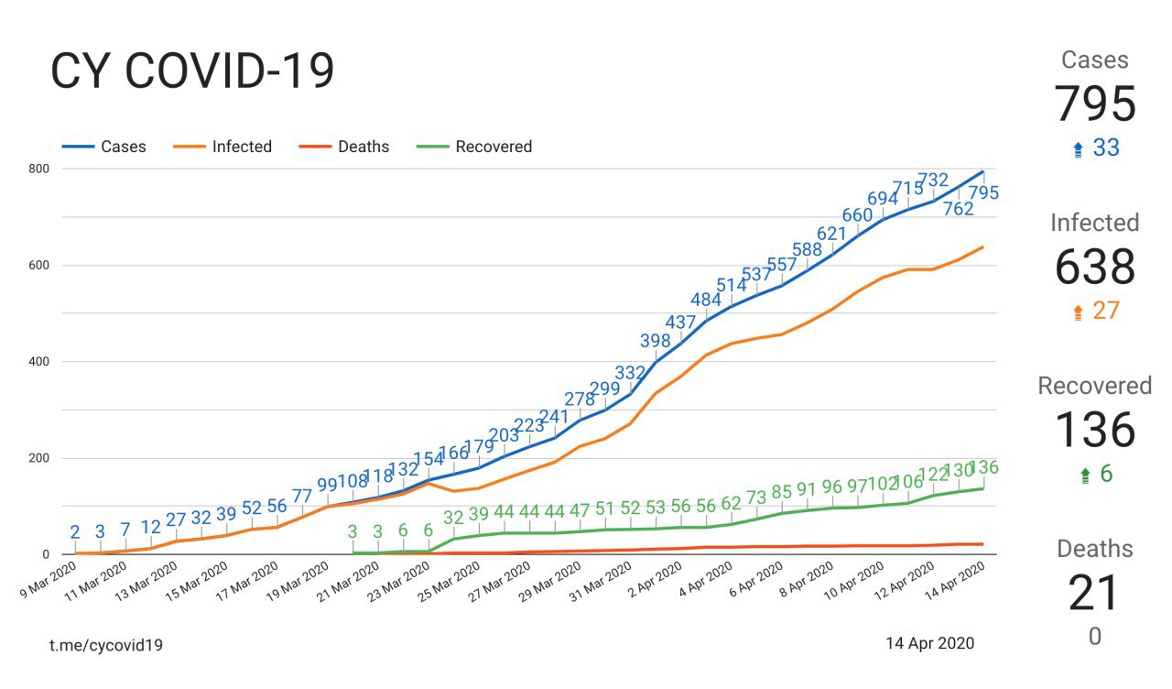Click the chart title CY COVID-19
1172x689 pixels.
[x=192, y=71]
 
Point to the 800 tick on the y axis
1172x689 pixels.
[x=38, y=169]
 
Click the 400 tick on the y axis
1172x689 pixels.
[x=38, y=362]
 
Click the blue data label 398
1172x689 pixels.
[x=656, y=342]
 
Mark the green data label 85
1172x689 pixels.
[x=781, y=492]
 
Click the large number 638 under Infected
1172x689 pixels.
[x=1095, y=267]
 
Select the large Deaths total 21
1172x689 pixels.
[x=1094, y=593]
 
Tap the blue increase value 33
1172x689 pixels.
[x=1106, y=148]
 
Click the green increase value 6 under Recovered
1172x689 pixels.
[x=1105, y=474]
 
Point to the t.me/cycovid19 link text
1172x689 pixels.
[x=106, y=645]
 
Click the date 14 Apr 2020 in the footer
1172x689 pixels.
[x=929, y=643]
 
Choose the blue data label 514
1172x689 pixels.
[x=732, y=285]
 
